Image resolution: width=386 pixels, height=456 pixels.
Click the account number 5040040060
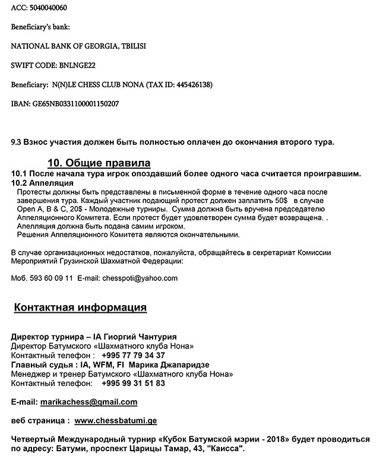click(x=46, y=8)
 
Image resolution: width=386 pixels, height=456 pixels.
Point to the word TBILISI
click(x=132, y=46)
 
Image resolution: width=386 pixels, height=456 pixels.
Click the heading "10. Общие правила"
click(x=99, y=163)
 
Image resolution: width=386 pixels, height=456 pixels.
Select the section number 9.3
click(x=18, y=142)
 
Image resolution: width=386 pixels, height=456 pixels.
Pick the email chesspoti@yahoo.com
click(x=140, y=278)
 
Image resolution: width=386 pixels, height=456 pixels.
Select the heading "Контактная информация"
click(x=80, y=308)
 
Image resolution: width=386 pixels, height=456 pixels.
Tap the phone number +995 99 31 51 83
click(x=133, y=383)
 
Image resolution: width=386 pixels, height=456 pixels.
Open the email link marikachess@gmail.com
click(x=88, y=402)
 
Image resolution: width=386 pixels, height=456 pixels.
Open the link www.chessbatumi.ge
click(x=115, y=420)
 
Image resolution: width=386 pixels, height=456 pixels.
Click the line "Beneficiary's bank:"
click(x=40, y=27)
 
